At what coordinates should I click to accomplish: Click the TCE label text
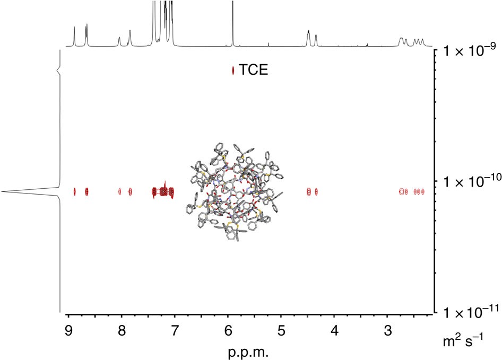(x=253, y=70)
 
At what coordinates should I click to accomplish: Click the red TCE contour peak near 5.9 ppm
(x=233, y=71)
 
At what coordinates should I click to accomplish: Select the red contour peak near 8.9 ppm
(x=74, y=192)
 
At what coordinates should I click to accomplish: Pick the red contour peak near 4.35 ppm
(x=316, y=192)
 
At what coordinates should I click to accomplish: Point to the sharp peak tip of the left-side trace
(x=3, y=191)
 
